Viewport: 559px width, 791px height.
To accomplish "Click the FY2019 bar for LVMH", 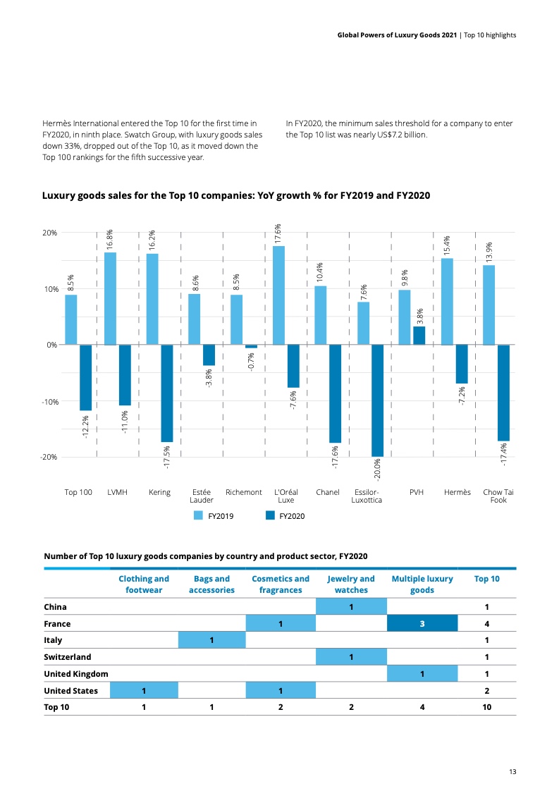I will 111,298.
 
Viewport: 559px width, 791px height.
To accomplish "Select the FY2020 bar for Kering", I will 167,393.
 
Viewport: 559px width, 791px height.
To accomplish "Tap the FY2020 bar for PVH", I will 419,336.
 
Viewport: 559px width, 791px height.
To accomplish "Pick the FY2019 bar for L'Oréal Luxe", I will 278,295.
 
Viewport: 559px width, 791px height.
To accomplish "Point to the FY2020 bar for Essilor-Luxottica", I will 377,400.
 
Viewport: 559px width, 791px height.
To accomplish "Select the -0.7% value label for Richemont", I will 252,362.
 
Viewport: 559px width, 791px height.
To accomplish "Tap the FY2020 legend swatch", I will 270,515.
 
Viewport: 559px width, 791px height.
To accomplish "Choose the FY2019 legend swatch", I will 199,515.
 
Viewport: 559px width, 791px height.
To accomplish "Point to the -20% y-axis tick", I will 48,457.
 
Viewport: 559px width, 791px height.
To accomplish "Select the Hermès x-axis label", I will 457,492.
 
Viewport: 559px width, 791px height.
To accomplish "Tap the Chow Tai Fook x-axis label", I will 498,496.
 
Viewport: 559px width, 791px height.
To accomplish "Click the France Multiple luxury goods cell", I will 422,623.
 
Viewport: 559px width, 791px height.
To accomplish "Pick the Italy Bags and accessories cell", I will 211,640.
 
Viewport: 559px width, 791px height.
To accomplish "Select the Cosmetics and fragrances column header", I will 281,584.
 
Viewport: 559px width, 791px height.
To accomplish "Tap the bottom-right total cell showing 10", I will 486,707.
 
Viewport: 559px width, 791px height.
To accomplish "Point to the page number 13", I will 512,772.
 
